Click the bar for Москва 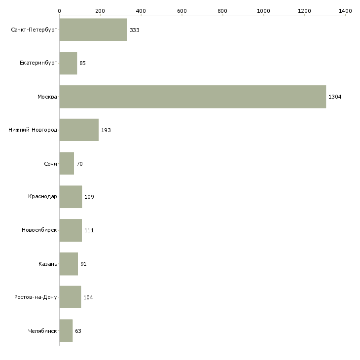pyautogui.click(x=193, y=97)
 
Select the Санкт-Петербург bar pyautogui.click(x=93, y=30)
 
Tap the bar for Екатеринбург pyautogui.click(x=68, y=63)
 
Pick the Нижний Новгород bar pyautogui.click(x=79, y=130)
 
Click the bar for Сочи pyautogui.click(x=67, y=163)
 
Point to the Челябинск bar pyautogui.click(x=66, y=330)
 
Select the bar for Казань pyautogui.click(x=69, y=264)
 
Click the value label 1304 pyautogui.click(x=335, y=97)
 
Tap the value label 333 pyautogui.click(x=135, y=30)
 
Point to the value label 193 pyautogui.click(x=106, y=130)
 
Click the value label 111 pyautogui.click(x=89, y=230)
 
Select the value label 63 pyautogui.click(x=78, y=331)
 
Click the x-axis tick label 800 pyautogui.click(x=222, y=11)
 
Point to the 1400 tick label pyautogui.click(x=345, y=11)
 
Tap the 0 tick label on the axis pyautogui.click(x=59, y=11)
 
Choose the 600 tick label pyautogui.click(x=182, y=11)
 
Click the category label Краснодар pyautogui.click(x=42, y=197)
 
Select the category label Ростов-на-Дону pyautogui.click(x=36, y=297)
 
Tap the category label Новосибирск pyautogui.click(x=39, y=230)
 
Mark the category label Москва pyautogui.click(x=47, y=97)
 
